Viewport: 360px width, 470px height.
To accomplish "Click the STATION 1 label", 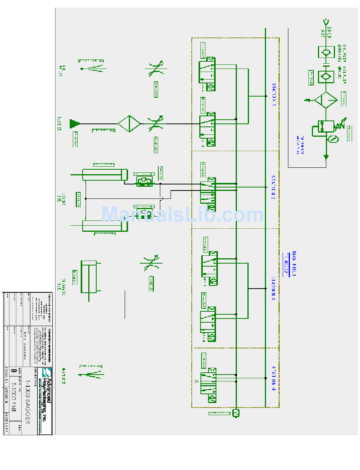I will pyautogui.click(x=274, y=94).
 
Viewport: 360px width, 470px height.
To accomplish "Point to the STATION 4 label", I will pyautogui.click(x=273, y=379).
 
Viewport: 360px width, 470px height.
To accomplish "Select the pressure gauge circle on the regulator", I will pyautogui.click(x=333, y=139).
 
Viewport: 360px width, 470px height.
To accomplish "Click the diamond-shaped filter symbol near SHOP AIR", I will pyautogui.click(x=326, y=100).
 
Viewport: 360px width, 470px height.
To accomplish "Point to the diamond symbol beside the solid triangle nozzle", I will pyautogui.click(x=130, y=123).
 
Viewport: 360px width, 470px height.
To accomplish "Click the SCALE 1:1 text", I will pyautogui.click(x=6, y=375).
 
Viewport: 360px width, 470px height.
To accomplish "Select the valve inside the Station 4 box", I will pyautogui.click(x=208, y=385).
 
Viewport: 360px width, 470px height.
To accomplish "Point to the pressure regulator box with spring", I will pyautogui.click(x=326, y=127).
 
